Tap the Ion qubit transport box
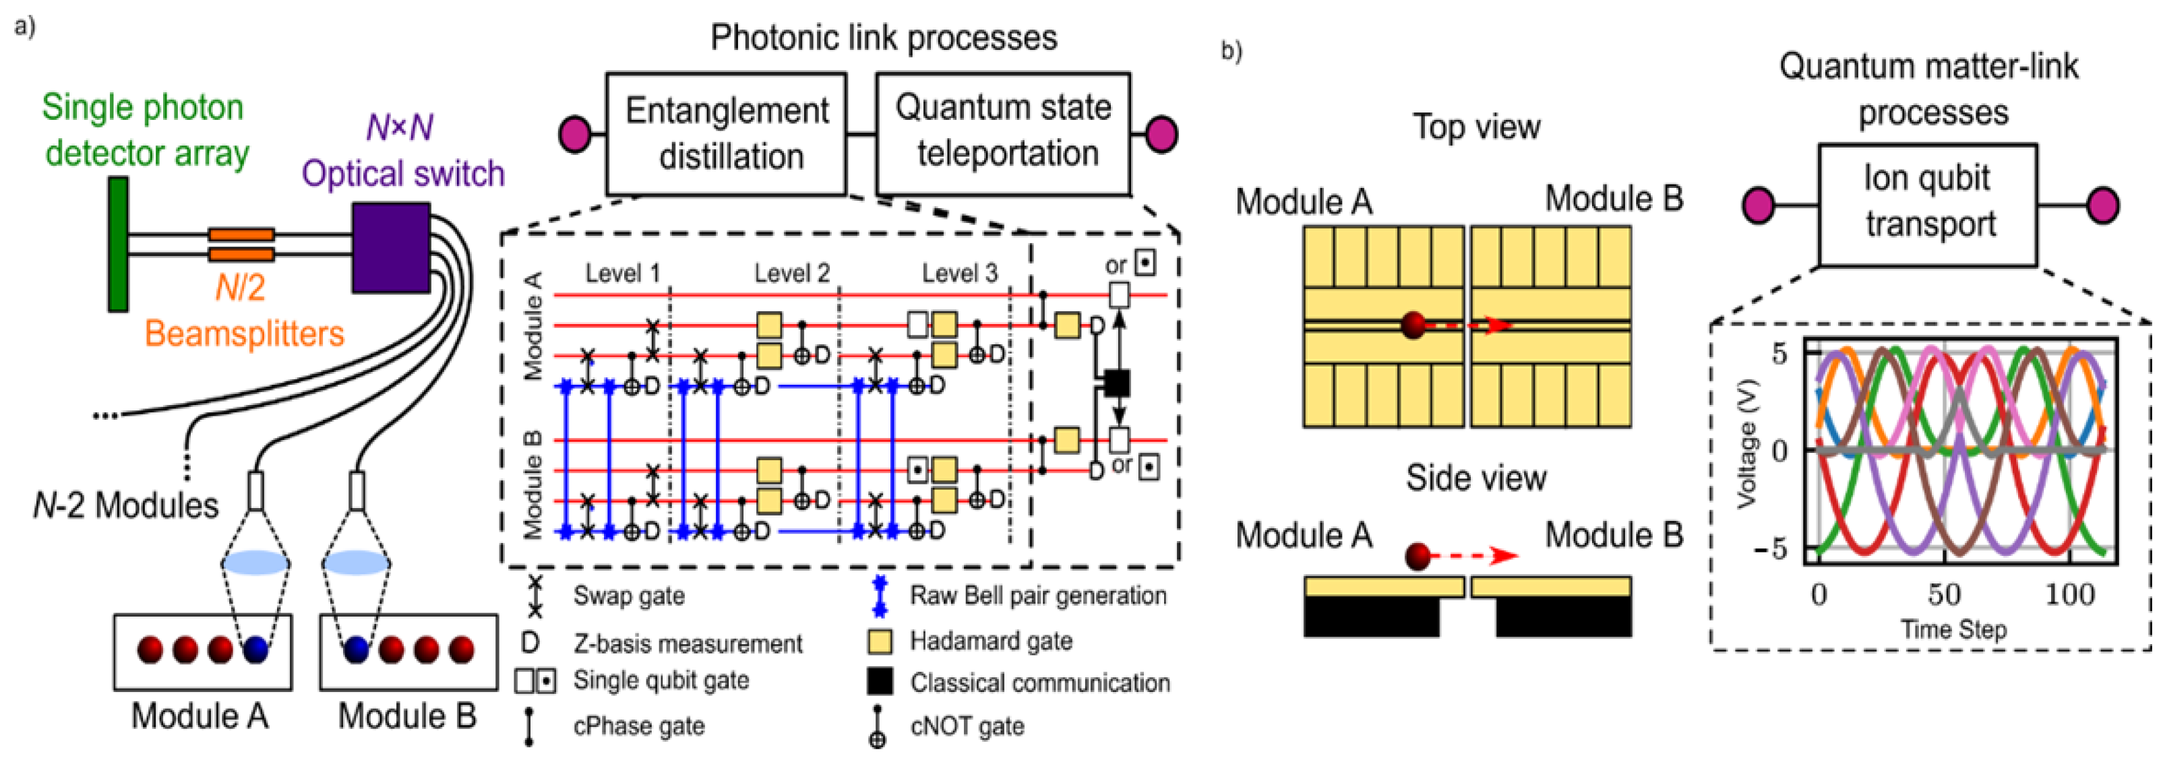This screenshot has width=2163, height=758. pyautogui.click(x=1928, y=204)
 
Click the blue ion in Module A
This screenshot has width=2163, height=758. pyautogui.click(x=255, y=649)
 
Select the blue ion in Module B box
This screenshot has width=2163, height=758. pyautogui.click(x=357, y=649)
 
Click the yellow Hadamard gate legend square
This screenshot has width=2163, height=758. pyautogui.click(x=879, y=642)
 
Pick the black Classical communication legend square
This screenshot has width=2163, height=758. pyautogui.click(x=879, y=682)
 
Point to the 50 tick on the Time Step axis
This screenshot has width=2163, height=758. pyautogui.click(x=1944, y=594)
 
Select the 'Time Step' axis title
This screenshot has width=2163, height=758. pyautogui.click(x=1953, y=629)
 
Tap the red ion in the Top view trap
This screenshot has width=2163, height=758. pyautogui.click(x=1413, y=324)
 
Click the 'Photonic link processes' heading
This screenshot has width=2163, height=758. pyautogui.click(x=884, y=38)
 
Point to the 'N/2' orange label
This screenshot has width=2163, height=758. pyautogui.click(x=240, y=288)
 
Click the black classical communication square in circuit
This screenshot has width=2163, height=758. pyautogui.click(x=1116, y=383)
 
